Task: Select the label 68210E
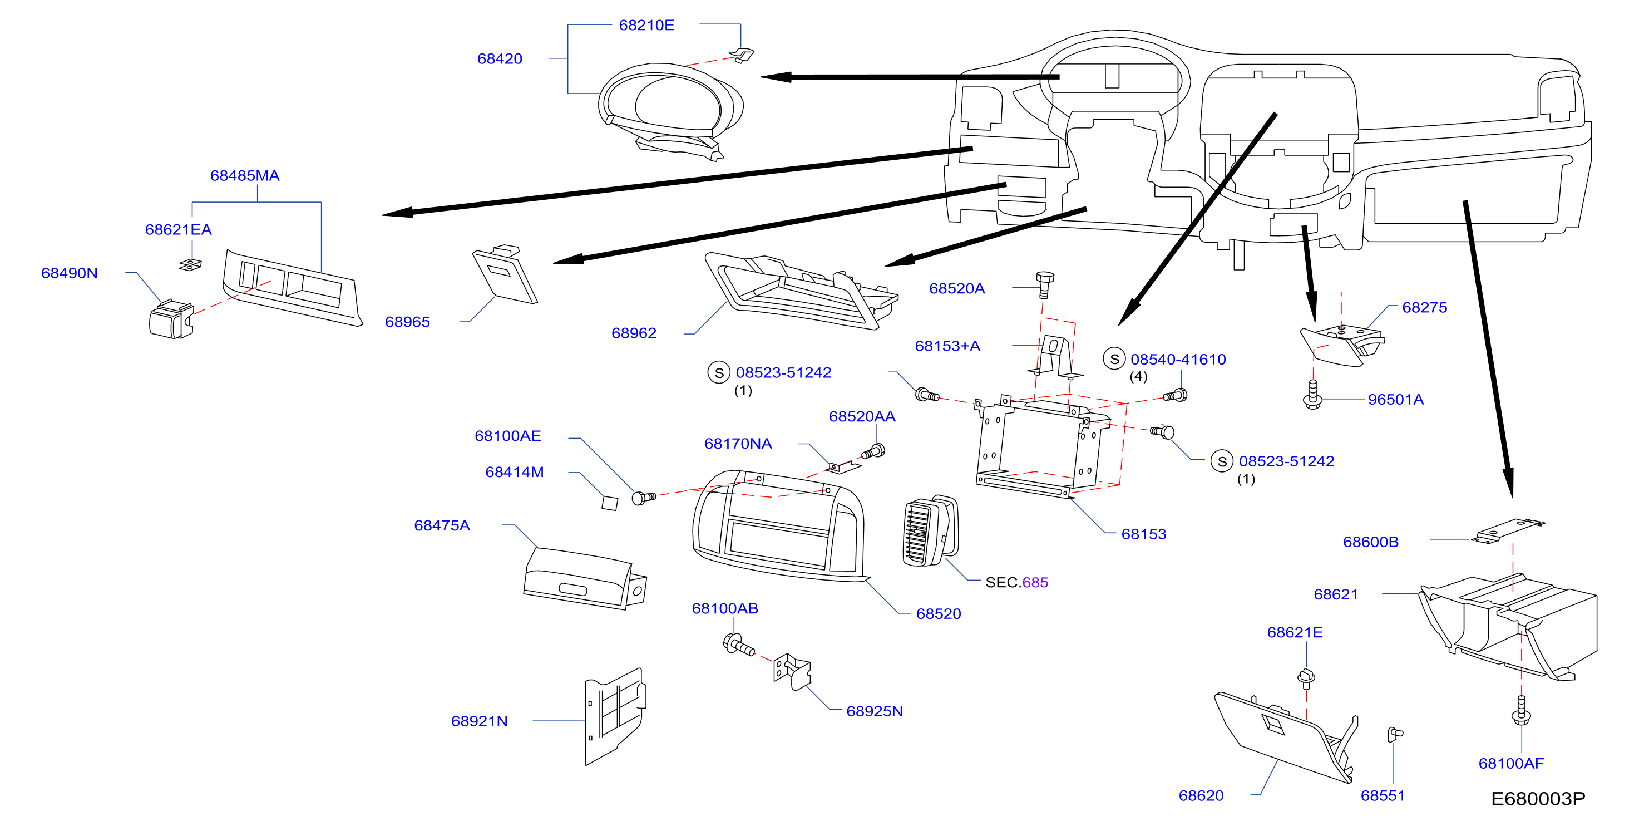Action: (x=646, y=25)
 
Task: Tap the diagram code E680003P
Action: (x=1538, y=799)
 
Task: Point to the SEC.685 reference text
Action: (x=1016, y=582)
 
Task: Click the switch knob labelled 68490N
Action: (x=171, y=319)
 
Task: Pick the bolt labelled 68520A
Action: (x=1044, y=285)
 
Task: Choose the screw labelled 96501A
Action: (x=1312, y=395)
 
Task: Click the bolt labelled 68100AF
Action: (x=1521, y=710)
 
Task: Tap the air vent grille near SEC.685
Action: (x=930, y=532)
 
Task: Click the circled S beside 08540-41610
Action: (x=1114, y=358)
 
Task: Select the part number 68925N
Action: (x=875, y=711)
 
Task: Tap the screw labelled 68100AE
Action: (x=643, y=498)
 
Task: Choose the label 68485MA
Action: (x=245, y=175)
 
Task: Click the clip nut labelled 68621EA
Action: (x=190, y=264)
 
